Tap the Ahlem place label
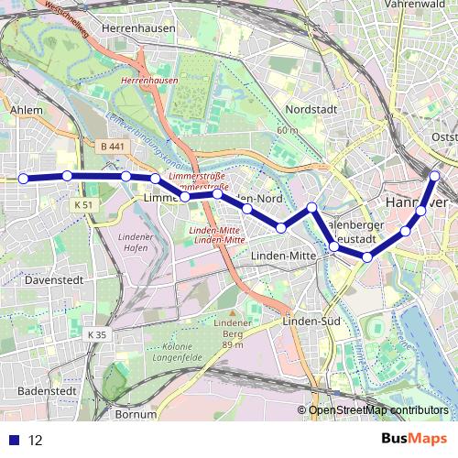click(26, 110)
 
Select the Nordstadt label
click(312, 108)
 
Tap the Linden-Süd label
click(311, 322)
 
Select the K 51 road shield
click(84, 204)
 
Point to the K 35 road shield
click(97, 335)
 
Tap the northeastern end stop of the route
click(435, 175)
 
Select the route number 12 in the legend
click(36, 440)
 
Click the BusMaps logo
click(413, 439)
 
